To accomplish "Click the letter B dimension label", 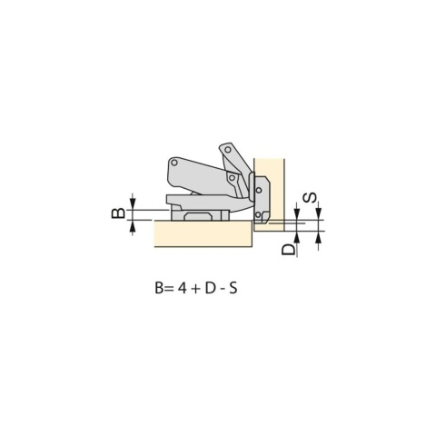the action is tap(118, 213).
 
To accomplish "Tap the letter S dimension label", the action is tap(310, 198).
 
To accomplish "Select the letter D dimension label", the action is tap(288, 250).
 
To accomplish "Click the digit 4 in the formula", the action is tap(182, 288).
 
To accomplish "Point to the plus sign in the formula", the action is tap(195, 289).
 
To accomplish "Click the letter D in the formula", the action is tap(210, 288).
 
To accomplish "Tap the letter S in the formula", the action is tap(233, 288).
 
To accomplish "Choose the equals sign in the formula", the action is tap(169, 289).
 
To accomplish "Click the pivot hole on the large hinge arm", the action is tap(174, 163).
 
